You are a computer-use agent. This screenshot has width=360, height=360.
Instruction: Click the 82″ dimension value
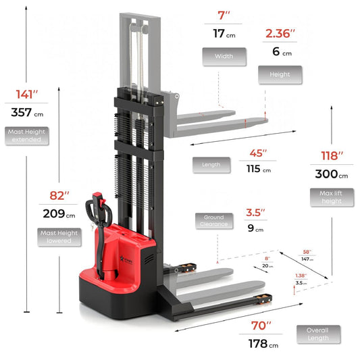coord(59,196)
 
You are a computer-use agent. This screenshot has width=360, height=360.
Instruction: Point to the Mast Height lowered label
coord(59,237)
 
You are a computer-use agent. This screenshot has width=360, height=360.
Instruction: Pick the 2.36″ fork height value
coord(278,33)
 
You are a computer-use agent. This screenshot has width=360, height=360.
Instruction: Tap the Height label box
coord(280,74)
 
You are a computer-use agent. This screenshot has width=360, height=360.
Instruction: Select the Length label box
coord(211,164)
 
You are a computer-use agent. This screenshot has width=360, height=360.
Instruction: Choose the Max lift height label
coord(331,197)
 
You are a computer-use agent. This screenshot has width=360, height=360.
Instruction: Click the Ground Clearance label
coord(213,220)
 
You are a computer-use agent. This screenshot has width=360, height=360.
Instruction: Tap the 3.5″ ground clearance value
coord(255,211)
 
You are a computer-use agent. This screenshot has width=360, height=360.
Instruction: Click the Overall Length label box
coord(318,334)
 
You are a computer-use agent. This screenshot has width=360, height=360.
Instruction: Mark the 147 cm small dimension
coord(307,259)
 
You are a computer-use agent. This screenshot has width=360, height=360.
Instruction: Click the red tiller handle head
coord(97,200)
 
